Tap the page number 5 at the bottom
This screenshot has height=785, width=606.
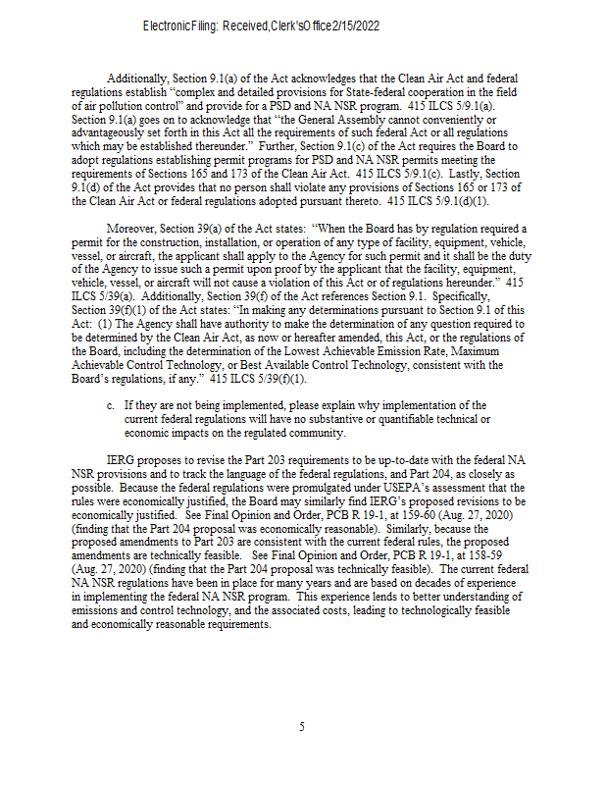(x=302, y=727)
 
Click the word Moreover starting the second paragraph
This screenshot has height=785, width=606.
(x=128, y=229)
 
